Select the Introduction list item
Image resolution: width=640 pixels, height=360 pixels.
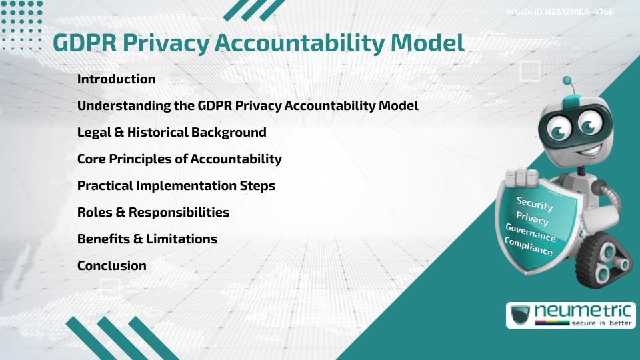click(x=116, y=79)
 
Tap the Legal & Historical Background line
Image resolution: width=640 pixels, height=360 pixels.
click(x=171, y=132)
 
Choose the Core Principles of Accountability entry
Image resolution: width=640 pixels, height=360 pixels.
click(x=179, y=159)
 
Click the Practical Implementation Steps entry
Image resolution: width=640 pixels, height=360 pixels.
click(x=176, y=185)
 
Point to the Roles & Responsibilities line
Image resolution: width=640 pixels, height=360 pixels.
click(x=153, y=212)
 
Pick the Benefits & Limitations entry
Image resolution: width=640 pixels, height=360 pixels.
click(x=147, y=239)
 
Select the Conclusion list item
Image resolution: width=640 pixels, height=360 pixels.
click(x=111, y=265)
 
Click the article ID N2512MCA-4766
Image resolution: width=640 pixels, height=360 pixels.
click(x=579, y=11)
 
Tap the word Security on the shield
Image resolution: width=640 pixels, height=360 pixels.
click(x=535, y=203)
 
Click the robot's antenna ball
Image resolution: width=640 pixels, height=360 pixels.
click(x=567, y=81)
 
